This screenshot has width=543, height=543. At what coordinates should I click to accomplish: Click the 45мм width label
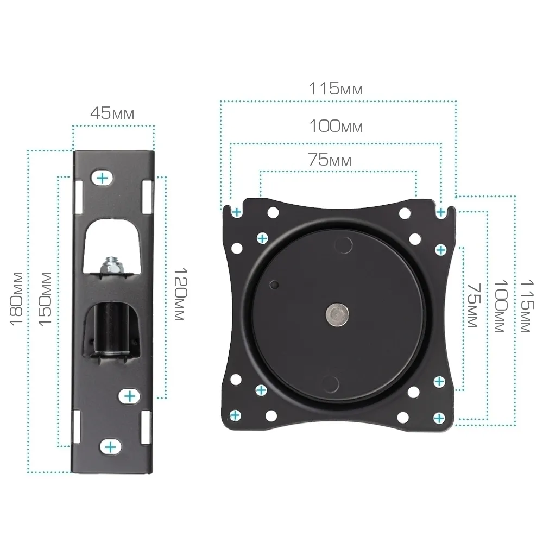pos(112,113)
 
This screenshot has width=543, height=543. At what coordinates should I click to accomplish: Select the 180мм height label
pos(16,299)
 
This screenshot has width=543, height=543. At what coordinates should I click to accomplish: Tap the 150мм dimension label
pos(45,299)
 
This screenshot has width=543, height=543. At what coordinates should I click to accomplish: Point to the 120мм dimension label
pos(180,294)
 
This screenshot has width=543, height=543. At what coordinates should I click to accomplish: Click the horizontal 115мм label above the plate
pos(336,89)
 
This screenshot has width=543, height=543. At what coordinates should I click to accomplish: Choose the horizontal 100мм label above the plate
pos(336,126)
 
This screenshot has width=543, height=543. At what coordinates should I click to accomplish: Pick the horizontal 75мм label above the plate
pos(330,160)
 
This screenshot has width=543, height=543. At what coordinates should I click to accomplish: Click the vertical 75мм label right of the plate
pos(473,305)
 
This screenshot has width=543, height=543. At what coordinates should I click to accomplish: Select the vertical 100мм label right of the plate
pos(501,306)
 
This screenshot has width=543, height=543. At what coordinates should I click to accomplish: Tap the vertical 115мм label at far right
pos(527,306)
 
